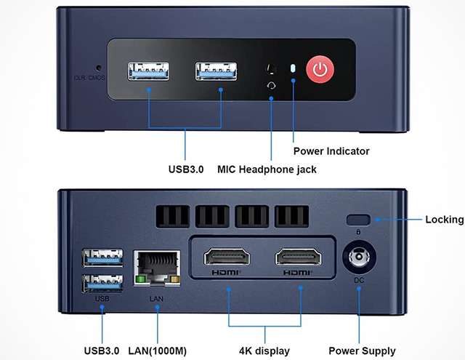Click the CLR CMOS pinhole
[x=97, y=70]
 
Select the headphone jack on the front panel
[x=272, y=70]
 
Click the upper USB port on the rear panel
[x=102, y=257]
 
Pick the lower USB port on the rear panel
[x=102, y=281]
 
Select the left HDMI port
[x=227, y=258]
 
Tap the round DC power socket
[x=358, y=258]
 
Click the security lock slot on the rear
[x=358, y=220]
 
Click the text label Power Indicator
[x=331, y=151]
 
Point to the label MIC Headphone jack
[x=267, y=169]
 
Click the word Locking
[x=445, y=219]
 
